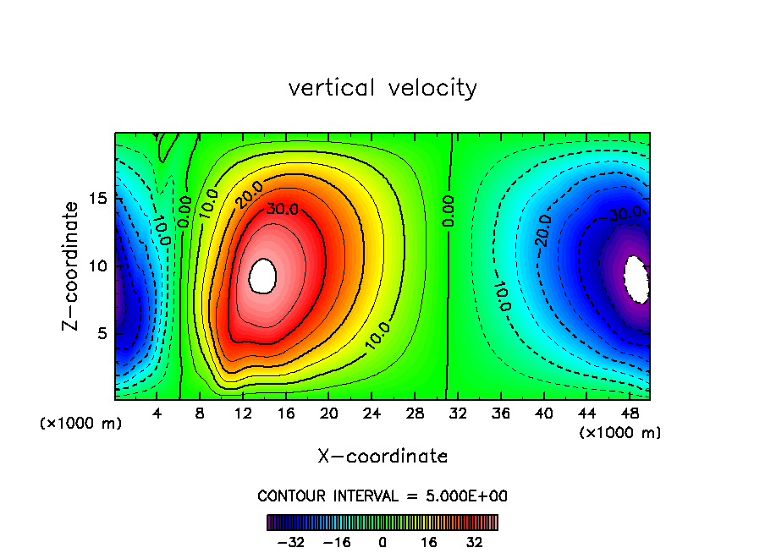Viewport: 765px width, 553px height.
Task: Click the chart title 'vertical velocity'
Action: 382,88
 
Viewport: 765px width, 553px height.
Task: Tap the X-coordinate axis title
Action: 382,457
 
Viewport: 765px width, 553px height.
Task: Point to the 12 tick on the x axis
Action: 244,413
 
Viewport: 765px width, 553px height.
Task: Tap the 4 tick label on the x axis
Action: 157,413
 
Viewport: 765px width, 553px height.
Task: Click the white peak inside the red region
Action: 264,276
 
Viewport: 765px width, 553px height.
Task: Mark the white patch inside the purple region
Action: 636,279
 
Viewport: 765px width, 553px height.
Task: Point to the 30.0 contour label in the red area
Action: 282,209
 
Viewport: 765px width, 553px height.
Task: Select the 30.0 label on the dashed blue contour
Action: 625,214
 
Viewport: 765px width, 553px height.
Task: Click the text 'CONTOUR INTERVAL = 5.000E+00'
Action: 382,496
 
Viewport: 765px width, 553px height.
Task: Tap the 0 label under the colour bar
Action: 382,542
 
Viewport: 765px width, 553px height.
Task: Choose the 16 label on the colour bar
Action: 429,542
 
